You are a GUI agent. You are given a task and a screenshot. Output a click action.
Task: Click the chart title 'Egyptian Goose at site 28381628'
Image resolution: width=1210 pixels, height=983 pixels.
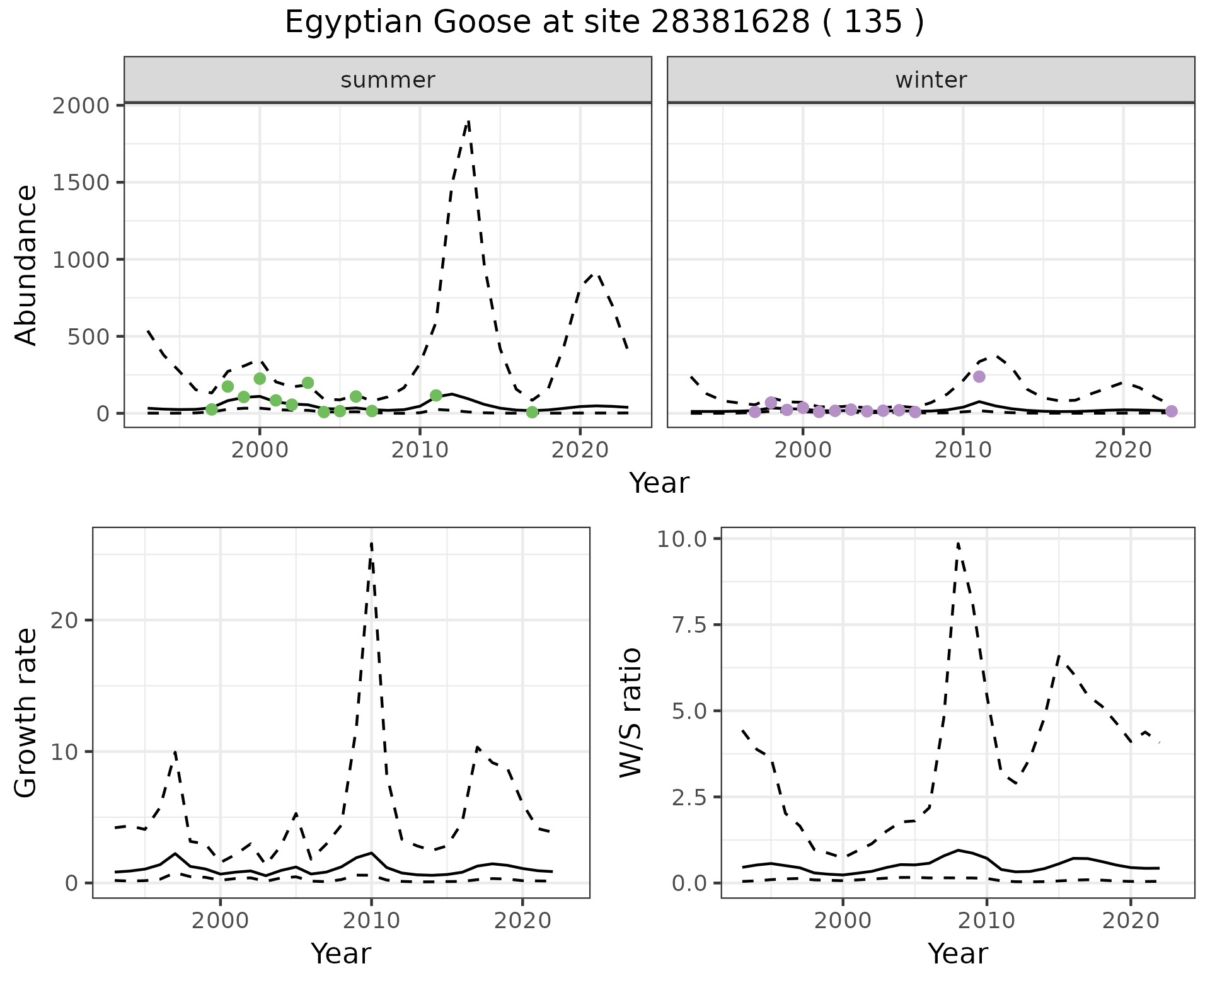pos(604,23)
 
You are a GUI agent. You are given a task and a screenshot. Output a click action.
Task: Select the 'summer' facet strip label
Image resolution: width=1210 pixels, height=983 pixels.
pos(388,80)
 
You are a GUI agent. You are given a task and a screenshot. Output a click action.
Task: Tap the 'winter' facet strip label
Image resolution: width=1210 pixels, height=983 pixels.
pos(931,80)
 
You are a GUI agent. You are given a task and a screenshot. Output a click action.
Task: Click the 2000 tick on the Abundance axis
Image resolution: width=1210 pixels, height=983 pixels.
pos(80,105)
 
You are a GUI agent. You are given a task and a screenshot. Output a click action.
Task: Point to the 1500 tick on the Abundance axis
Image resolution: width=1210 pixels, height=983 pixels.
pos(80,182)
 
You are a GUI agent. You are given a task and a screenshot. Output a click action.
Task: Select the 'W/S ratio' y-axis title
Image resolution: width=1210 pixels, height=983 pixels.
pos(630,713)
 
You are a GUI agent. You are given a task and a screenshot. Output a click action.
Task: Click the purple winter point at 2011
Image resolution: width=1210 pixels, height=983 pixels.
pos(979,377)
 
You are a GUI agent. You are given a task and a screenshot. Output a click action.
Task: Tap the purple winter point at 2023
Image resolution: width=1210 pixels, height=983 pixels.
pos(1171,411)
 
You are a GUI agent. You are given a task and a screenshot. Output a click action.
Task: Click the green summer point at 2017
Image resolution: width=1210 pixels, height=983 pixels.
pos(532,412)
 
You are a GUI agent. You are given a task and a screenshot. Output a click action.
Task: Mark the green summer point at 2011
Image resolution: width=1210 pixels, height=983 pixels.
pos(436,396)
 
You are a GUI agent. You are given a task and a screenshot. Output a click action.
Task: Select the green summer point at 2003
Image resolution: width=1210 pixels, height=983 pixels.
pos(308,382)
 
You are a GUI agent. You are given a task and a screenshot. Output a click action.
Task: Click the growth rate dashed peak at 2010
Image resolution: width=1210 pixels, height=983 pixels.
pos(371,543)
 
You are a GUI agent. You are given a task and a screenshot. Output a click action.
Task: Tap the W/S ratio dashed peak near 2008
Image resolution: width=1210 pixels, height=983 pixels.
pos(958,543)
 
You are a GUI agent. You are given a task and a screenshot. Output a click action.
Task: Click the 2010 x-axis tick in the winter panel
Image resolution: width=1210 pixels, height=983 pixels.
pos(962,451)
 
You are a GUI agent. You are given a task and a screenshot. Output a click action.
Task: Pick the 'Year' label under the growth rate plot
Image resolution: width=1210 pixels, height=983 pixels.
pos(341,953)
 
